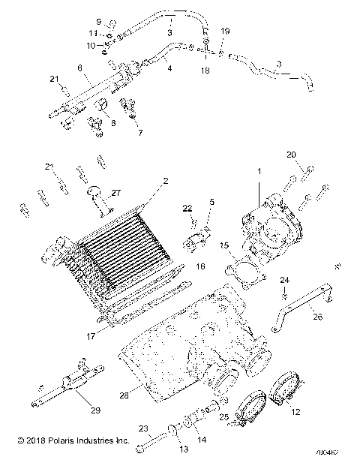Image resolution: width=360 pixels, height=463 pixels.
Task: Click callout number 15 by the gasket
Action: [x=223, y=245]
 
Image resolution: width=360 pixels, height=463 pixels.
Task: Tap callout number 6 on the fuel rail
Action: [x=77, y=67]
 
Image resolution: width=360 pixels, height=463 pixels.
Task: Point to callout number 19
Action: [x=225, y=32]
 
